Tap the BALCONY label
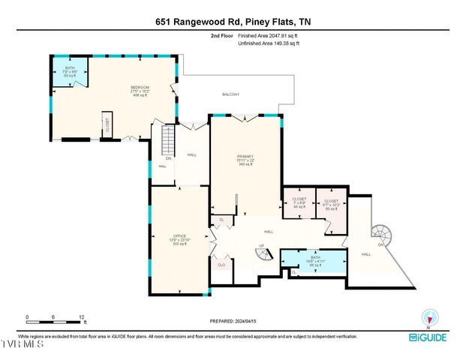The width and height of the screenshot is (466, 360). (230, 94)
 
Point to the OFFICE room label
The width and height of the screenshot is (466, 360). (179, 239)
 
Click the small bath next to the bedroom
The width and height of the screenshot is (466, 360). (71, 73)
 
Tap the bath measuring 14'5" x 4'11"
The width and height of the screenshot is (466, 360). (315, 261)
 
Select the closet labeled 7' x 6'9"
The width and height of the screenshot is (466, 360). (299, 202)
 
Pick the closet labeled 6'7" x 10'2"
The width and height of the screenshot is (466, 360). (331, 202)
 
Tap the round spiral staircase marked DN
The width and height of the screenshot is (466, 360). (383, 232)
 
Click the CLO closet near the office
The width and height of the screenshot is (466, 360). (221, 265)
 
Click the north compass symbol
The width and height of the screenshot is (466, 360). (428, 316)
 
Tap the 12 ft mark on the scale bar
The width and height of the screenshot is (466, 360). (82, 317)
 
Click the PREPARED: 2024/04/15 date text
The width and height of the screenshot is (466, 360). (233, 321)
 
